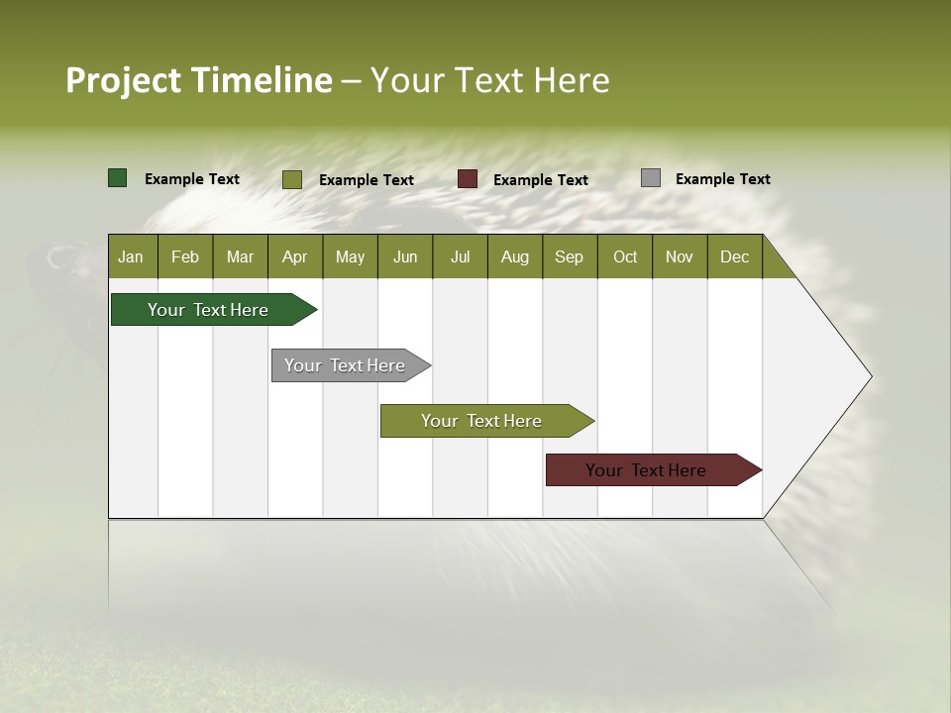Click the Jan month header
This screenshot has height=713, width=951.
(x=131, y=256)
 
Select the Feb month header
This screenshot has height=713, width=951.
(x=185, y=256)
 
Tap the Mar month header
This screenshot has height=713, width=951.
(x=240, y=256)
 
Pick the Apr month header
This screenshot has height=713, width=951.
(x=294, y=256)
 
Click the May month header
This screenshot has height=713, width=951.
(x=350, y=256)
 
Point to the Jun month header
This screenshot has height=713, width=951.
(x=405, y=256)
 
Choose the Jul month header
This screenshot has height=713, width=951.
(x=460, y=256)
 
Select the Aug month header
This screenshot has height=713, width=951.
(x=514, y=256)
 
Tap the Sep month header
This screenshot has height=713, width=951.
(x=569, y=256)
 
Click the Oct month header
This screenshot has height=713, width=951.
(x=625, y=256)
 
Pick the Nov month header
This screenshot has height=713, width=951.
(x=680, y=256)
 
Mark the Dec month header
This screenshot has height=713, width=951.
(x=734, y=256)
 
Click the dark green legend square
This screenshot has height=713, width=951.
(x=118, y=178)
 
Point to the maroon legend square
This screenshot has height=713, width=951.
(x=468, y=179)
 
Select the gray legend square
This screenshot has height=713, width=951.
(x=651, y=178)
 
